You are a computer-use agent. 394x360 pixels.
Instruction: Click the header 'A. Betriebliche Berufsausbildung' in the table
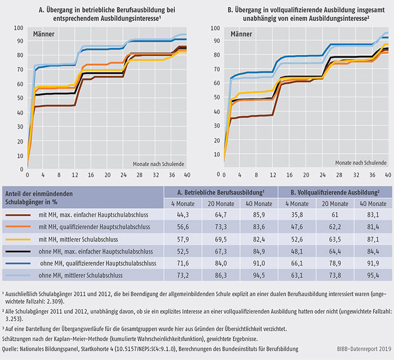[221, 192]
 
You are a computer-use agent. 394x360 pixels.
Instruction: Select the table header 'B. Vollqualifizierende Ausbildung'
[335, 192]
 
